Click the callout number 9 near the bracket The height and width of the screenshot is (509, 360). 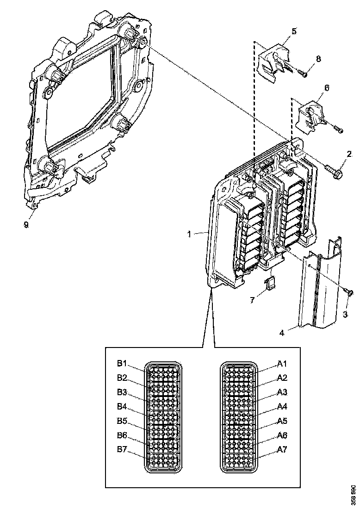pyautogui.click(x=26, y=224)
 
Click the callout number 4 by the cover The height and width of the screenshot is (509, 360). pyautogui.click(x=282, y=332)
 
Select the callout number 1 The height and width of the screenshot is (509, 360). pyautogui.click(x=189, y=234)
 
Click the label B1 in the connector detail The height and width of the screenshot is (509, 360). pyautogui.click(x=122, y=364)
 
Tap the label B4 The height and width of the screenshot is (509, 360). pyautogui.click(x=122, y=407)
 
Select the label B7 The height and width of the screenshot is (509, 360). pyautogui.click(x=122, y=450)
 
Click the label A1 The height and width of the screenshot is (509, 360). pyautogui.click(x=282, y=364)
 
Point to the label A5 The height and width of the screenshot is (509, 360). pyautogui.click(x=282, y=421)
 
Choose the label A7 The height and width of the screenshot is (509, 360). pyautogui.click(x=282, y=450)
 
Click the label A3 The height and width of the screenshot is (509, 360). pyautogui.click(x=282, y=392)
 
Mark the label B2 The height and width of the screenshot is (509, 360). pyautogui.click(x=122, y=378)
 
